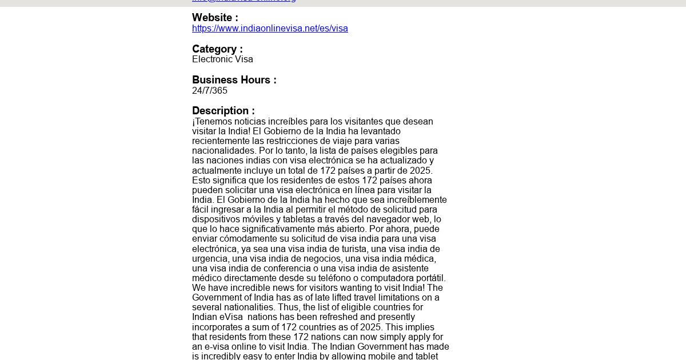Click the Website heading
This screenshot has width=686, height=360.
pyautogui.click(x=215, y=18)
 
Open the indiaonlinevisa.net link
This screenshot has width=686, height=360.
pyautogui.click(x=270, y=29)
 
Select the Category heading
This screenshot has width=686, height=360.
pyautogui.click(x=217, y=49)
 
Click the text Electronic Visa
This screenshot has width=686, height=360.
pyautogui.click(x=222, y=59)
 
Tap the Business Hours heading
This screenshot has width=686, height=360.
pyautogui.click(x=234, y=80)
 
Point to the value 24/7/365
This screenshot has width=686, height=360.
pyautogui.click(x=210, y=91)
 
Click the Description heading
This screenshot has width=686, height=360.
pyautogui.click(x=223, y=111)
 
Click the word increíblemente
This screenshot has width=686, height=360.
pyautogui.click(x=416, y=200)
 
